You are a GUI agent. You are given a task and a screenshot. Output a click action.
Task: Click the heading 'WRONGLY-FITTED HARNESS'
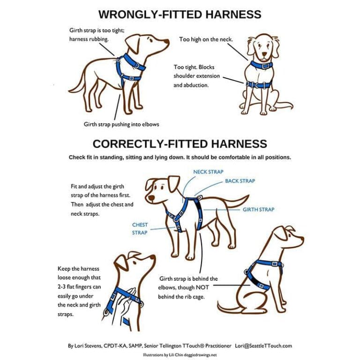[180, 14]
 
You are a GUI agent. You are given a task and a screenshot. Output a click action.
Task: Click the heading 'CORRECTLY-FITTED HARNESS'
[180, 143]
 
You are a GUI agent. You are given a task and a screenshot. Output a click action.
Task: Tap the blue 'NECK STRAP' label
[208, 172]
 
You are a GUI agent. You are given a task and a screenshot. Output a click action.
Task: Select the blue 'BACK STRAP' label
[240, 180]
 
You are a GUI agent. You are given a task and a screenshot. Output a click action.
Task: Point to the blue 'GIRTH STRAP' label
[258, 210]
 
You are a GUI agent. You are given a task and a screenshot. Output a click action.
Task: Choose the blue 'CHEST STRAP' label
[140, 229]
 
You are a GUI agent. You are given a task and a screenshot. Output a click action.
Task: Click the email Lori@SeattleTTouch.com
[263, 346]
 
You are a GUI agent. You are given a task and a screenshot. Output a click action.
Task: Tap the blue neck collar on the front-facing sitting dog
[261, 65]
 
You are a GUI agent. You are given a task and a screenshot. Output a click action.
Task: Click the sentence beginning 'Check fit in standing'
[180, 157]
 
